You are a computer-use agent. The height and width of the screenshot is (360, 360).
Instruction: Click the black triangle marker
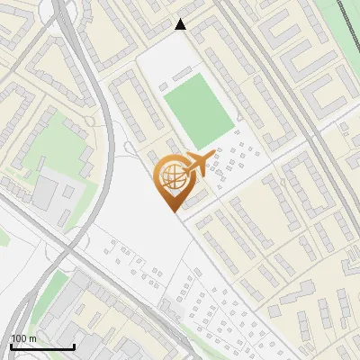181,25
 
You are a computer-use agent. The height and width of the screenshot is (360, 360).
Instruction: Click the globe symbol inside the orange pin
171,176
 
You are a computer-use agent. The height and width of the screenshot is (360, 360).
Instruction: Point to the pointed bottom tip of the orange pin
171,211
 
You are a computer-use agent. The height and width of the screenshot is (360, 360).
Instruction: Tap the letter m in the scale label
33,337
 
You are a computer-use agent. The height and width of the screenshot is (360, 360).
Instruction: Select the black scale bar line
42,346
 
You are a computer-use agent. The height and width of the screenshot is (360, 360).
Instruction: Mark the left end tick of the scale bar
12,345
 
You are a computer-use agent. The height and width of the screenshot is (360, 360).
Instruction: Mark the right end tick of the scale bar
74,345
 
